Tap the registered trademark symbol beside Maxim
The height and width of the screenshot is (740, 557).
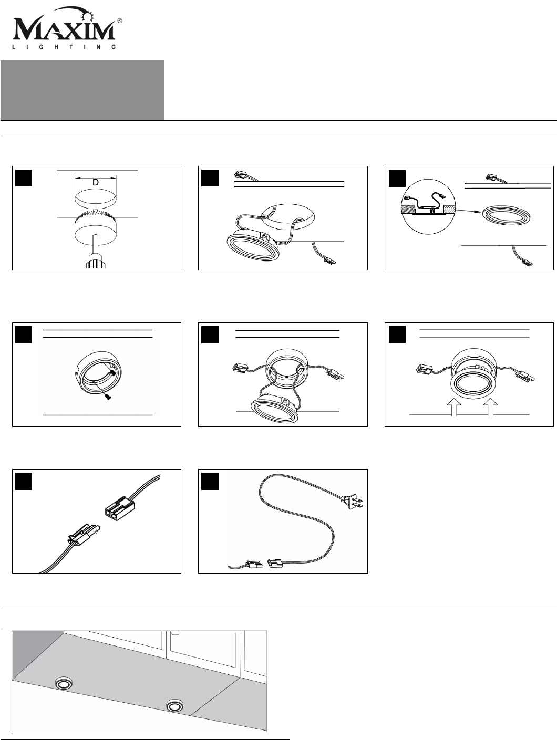pyautogui.click(x=120, y=20)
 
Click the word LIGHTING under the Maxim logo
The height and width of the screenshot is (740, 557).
pyautogui.click(x=65, y=47)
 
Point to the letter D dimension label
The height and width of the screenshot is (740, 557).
pyautogui.click(x=96, y=182)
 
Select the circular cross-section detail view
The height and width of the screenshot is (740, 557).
pyautogui.click(x=428, y=206)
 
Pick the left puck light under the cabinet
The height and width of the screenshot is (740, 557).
pyautogui.click(x=63, y=683)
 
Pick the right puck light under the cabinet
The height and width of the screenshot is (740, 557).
pyautogui.click(x=174, y=705)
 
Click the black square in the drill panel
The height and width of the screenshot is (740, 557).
pyautogui.click(x=24, y=178)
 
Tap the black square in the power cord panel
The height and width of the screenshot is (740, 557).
pyautogui.click(x=210, y=482)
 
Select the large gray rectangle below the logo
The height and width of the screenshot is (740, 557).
pyautogui.click(x=82, y=90)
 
